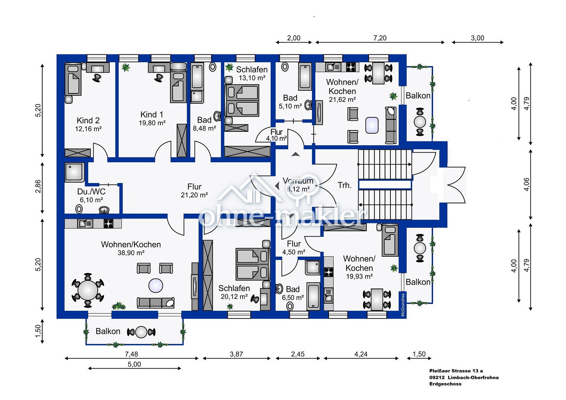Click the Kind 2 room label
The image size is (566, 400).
pos(88,120)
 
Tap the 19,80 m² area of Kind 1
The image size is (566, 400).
pos(152,123)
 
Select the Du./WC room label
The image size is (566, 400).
pos(91,191)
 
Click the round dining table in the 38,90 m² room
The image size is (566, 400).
pos(88,290)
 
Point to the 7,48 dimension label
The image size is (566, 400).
pos(131,354)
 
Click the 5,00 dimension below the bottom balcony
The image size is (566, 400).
pos(134,364)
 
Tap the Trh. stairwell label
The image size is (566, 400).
pos(344,185)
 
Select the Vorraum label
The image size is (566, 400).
pos(298,181)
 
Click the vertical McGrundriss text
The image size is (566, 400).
pos(403,304)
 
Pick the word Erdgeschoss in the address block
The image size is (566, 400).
pos(445,384)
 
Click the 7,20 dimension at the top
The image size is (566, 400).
pos(380,38)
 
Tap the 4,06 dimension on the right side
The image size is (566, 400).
pos(526,184)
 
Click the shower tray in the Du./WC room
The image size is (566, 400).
pos(74,172)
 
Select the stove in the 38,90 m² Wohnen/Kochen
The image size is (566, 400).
pos(109,224)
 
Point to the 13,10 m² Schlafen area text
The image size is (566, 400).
pos(252,78)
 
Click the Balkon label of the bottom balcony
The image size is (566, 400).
pos(108,331)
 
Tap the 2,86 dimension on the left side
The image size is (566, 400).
pos(38,186)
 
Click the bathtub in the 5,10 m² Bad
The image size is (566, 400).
pos(305,77)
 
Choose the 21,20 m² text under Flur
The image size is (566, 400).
pos(194,195)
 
